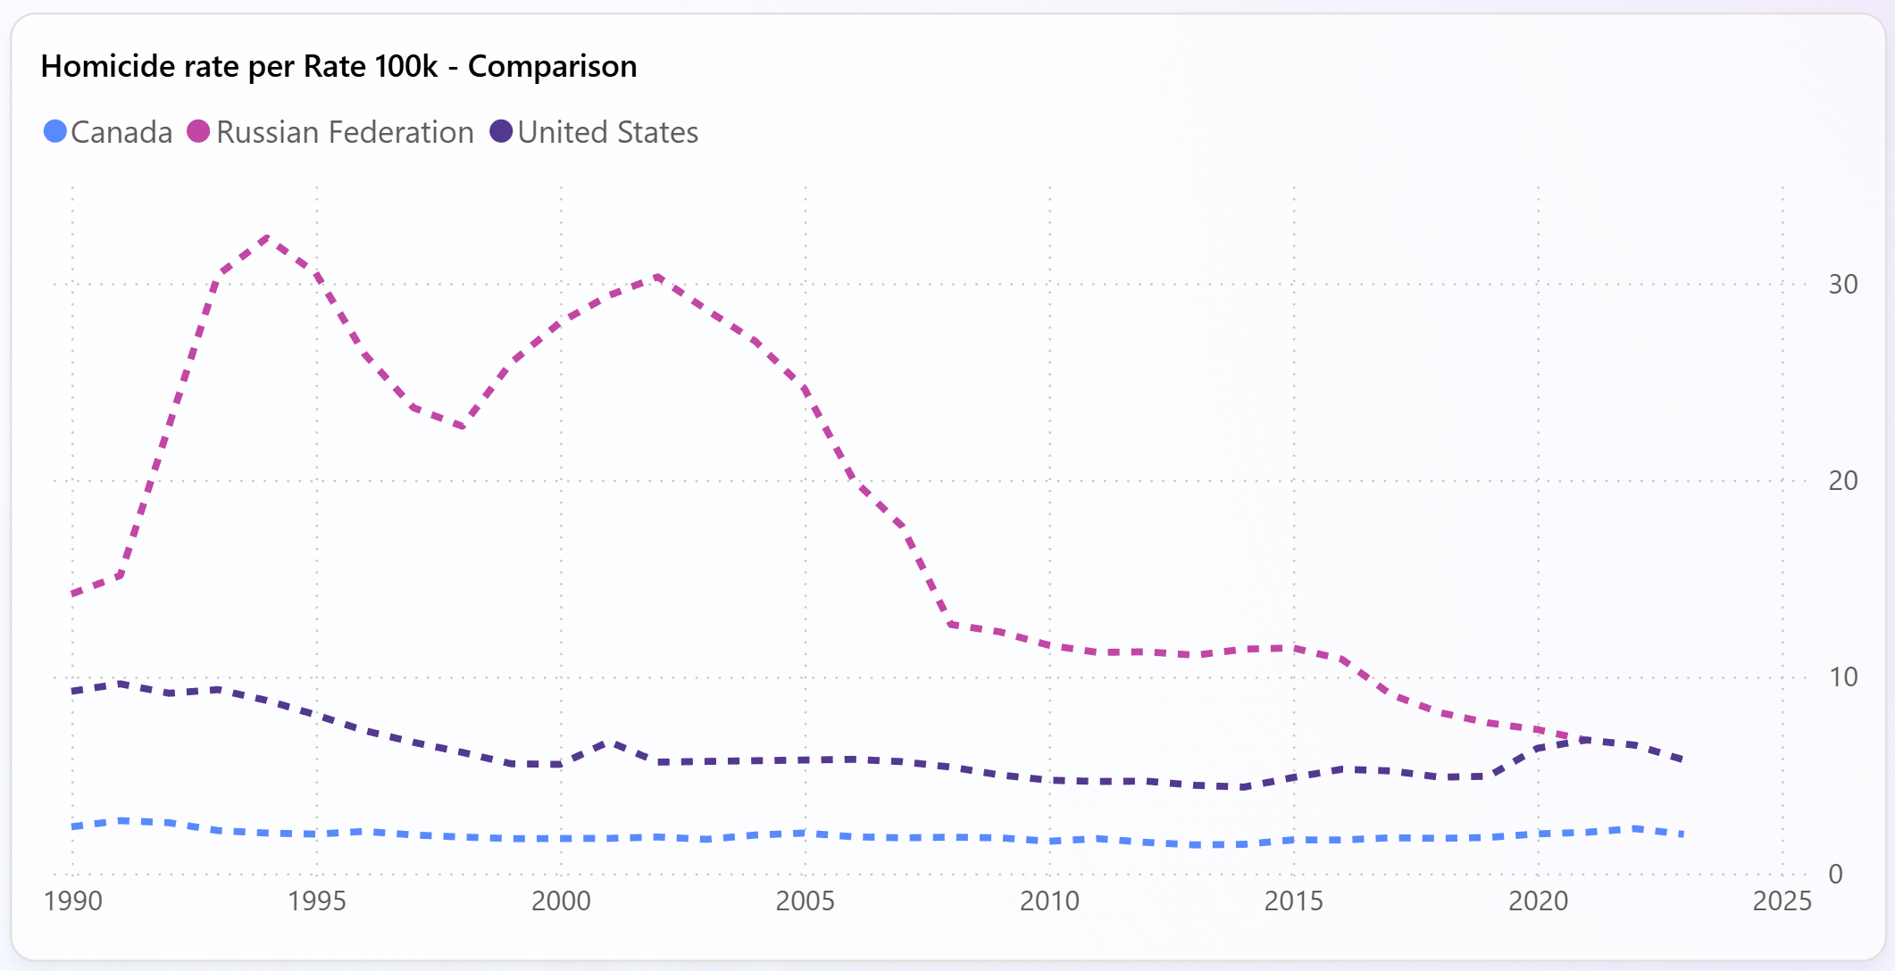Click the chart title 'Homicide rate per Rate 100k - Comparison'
[x=338, y=66]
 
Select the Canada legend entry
[x=108, y=132]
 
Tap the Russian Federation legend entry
[x=330, y=132]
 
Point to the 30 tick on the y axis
[x=1842, y=285]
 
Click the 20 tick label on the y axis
[x=1842, y=481]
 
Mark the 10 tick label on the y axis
[x=1842, y=677]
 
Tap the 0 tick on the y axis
[x=1835, y=874]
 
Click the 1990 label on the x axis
[x=72, y=901]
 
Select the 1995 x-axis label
[x=316, y=901]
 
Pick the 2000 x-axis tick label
[x=561, y=901]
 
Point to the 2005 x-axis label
[x=805, y=901]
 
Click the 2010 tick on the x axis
[x=1049, y=901]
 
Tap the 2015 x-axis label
[x=1293, y=901]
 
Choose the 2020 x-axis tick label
[x=1538, y=901]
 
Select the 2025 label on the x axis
[x=1782, y=901]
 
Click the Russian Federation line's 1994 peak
[x=268, y=237]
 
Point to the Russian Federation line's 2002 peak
[x=658, y=277]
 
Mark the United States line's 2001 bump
[x=610, y=742]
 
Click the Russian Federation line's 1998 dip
[x=463, y=427]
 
